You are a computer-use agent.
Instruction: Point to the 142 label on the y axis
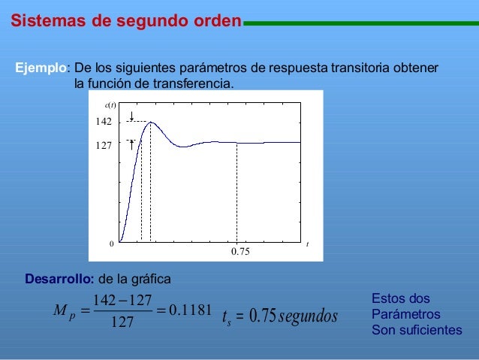point(104,122)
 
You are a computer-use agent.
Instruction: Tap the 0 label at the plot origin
point(110,244)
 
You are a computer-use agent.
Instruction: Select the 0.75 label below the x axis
point(239,253)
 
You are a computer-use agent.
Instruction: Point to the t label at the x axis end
point(308,244)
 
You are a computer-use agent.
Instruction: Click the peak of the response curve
point(151,122)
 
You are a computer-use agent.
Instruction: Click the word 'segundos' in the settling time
point(307,318)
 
